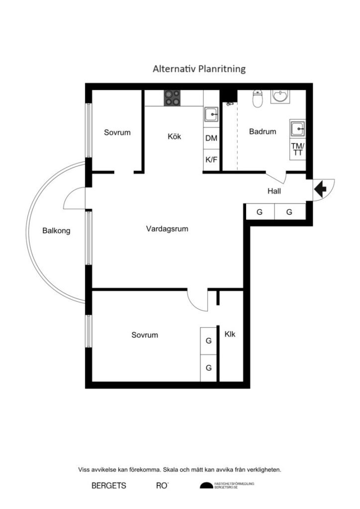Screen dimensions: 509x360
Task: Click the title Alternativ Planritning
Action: [199, 69]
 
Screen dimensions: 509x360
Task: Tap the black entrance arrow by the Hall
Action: [319, 188]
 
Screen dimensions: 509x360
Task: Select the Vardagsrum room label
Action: [168, 229]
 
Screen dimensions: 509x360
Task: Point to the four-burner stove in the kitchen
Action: [173, 98]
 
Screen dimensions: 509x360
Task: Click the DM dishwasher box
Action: [211, 139]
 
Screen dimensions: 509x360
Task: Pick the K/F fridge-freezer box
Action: [211, 160]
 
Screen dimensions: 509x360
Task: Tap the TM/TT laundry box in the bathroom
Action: [298, 149]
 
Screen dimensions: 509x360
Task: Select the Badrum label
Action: [262, 132]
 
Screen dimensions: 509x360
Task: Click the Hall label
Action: [274, 191]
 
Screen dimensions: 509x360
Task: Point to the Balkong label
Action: [56, 231]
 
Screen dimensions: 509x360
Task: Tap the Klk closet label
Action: [230, 334]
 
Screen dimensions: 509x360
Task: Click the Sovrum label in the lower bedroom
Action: [145, 335]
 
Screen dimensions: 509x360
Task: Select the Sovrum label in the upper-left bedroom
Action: [117, 132]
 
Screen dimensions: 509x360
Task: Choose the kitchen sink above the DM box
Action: [211, 114]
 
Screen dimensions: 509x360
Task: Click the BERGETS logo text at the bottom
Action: [108, 486]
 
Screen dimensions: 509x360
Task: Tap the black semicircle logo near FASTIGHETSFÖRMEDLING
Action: [206, 486]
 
